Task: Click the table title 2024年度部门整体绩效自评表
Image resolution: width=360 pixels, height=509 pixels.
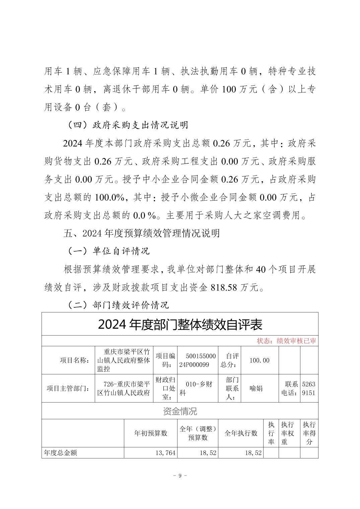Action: coord(180,324)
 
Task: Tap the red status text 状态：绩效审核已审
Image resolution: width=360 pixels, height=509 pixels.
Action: coord(286,341)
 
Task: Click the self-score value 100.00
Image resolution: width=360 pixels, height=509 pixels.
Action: coord(259,360)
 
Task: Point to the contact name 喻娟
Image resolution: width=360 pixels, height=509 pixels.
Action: coord(256,388)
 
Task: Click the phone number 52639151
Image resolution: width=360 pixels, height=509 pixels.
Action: coord(308,388)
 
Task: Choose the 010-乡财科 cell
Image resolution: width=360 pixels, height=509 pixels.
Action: coord(197,388)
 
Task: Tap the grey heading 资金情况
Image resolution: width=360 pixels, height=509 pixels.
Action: coord(180,411)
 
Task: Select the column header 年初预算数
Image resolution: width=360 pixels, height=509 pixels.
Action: coord(151,433)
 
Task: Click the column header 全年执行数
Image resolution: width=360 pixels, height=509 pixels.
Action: coord(241,433)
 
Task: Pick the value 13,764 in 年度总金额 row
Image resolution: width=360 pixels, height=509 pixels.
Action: coord(165,453)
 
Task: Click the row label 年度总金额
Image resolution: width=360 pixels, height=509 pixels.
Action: coord(61,453)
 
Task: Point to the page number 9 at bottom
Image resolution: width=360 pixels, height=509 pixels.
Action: coord(180,476)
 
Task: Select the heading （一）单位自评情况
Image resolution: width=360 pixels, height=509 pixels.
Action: coord(109,251)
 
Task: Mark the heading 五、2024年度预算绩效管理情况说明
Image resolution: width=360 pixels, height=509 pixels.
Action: coord(142,233)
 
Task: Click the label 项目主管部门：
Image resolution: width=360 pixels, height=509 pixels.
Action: coord(68,388)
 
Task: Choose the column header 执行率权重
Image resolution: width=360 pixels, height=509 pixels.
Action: coord(288,433)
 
